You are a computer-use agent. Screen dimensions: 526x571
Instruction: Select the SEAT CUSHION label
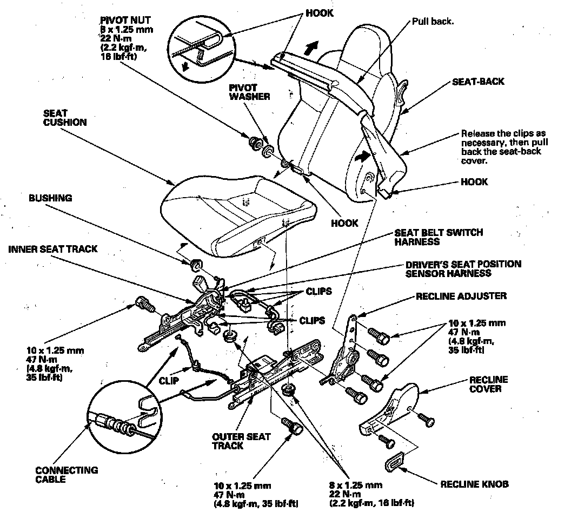click(64, 118)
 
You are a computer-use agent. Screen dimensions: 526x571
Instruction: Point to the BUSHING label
click(50, 198)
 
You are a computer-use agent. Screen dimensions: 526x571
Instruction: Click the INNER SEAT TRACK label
click(53, 249)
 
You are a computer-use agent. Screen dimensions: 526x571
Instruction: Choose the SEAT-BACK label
click(478, 82)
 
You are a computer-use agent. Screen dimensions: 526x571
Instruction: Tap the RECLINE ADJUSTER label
click(461, 296)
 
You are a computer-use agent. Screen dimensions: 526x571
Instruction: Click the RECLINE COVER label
click(488, 383)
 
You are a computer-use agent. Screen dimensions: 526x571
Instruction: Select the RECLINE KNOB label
click(474, 484)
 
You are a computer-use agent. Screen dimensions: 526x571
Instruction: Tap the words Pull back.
click(433, 22)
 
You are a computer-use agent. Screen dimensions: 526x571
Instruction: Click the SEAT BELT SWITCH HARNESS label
click(439, 237)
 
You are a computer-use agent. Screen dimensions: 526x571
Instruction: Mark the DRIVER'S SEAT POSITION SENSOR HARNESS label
click(463, 268)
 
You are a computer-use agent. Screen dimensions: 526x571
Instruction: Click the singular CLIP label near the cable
click(169, 380)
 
